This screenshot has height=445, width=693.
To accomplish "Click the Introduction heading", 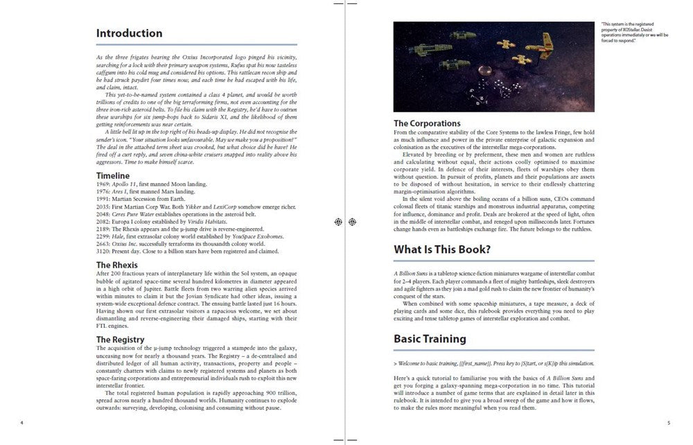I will [x=129, y=33].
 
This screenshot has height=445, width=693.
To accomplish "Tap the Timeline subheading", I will [x=112, y=176].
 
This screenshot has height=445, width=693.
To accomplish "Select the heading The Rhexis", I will [x=116, y=265].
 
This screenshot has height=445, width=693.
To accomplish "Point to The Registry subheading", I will [x=120, y=339].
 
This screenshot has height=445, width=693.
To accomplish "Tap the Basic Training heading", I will [x=430, y=339].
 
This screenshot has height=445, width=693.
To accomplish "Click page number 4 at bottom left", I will [x=22, y=422].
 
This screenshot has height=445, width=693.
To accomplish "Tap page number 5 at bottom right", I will [x=668, y=422].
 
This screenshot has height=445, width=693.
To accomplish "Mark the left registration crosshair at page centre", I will [x=338, y=222].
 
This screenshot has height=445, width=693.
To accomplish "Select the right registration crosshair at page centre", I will [x=353, y=222].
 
